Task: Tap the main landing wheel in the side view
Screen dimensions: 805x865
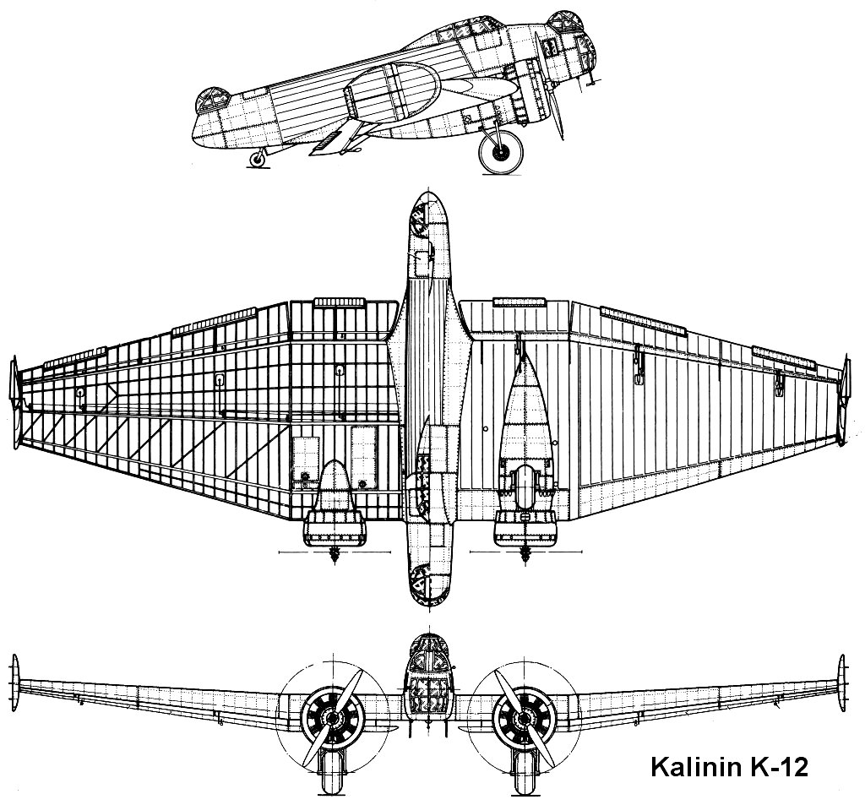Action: [501, 152]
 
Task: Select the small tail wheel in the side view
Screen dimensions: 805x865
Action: [258, 158]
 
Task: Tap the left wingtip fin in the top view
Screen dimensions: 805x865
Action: [14, 400]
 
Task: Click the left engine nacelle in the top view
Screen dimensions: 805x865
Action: [336, 507]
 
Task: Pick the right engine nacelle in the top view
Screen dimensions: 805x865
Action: [525, 473]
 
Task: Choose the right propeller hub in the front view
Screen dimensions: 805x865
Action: [519, 719]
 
